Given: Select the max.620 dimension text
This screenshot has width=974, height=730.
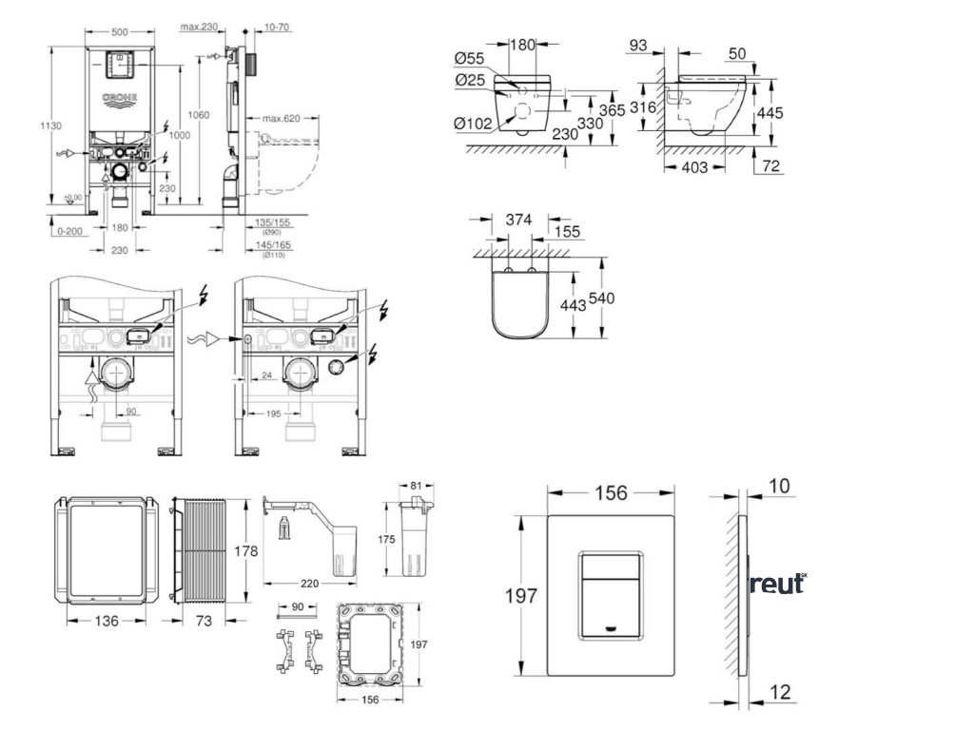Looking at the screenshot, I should pos(282,118).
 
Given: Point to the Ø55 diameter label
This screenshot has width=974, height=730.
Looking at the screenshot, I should pos(472,60).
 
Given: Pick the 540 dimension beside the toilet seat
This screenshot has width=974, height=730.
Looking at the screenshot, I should pos(601,298).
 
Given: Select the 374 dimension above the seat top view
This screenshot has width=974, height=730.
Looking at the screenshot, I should pos(518,219).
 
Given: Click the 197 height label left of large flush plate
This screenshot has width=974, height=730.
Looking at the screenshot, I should pos(522,596).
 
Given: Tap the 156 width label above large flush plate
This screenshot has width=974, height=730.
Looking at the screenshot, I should pos(611,492).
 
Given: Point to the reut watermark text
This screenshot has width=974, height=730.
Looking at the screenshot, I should pos(776,584).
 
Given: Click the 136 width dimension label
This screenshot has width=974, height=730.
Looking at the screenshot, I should pos(107,621).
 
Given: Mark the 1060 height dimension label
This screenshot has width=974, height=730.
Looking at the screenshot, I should pos(199,114).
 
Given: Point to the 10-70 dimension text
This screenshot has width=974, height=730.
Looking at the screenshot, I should pos(278,28).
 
